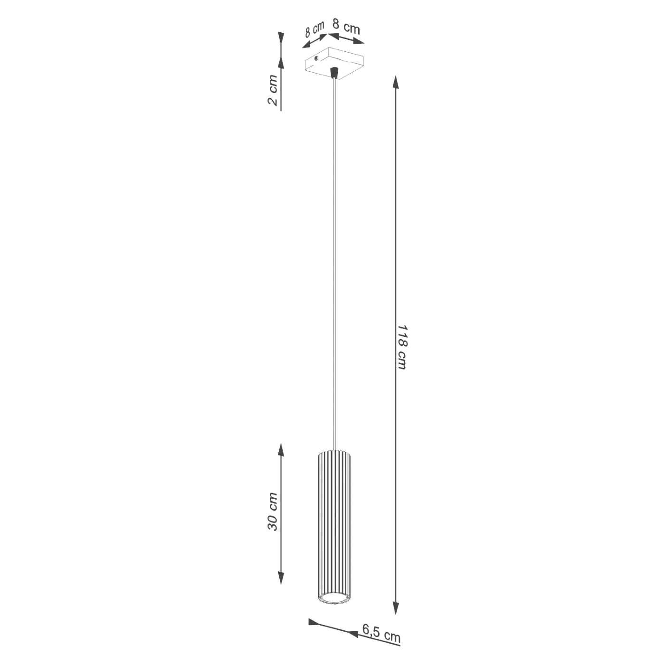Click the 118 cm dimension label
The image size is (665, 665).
[x=402, y=347]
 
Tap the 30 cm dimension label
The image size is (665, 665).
[x=272, y=512]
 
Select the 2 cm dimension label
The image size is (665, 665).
[x=272, y=90]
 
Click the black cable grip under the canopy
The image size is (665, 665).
[x=334, y=73]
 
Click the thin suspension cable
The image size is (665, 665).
[x=334, y=261]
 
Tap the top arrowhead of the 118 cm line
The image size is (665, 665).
[x=395, y=82]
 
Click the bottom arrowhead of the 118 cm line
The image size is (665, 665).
[x=395, y=608]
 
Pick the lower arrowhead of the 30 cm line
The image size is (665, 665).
[x=281, y=578]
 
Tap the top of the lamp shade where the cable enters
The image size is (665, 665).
[x=334, y=450]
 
